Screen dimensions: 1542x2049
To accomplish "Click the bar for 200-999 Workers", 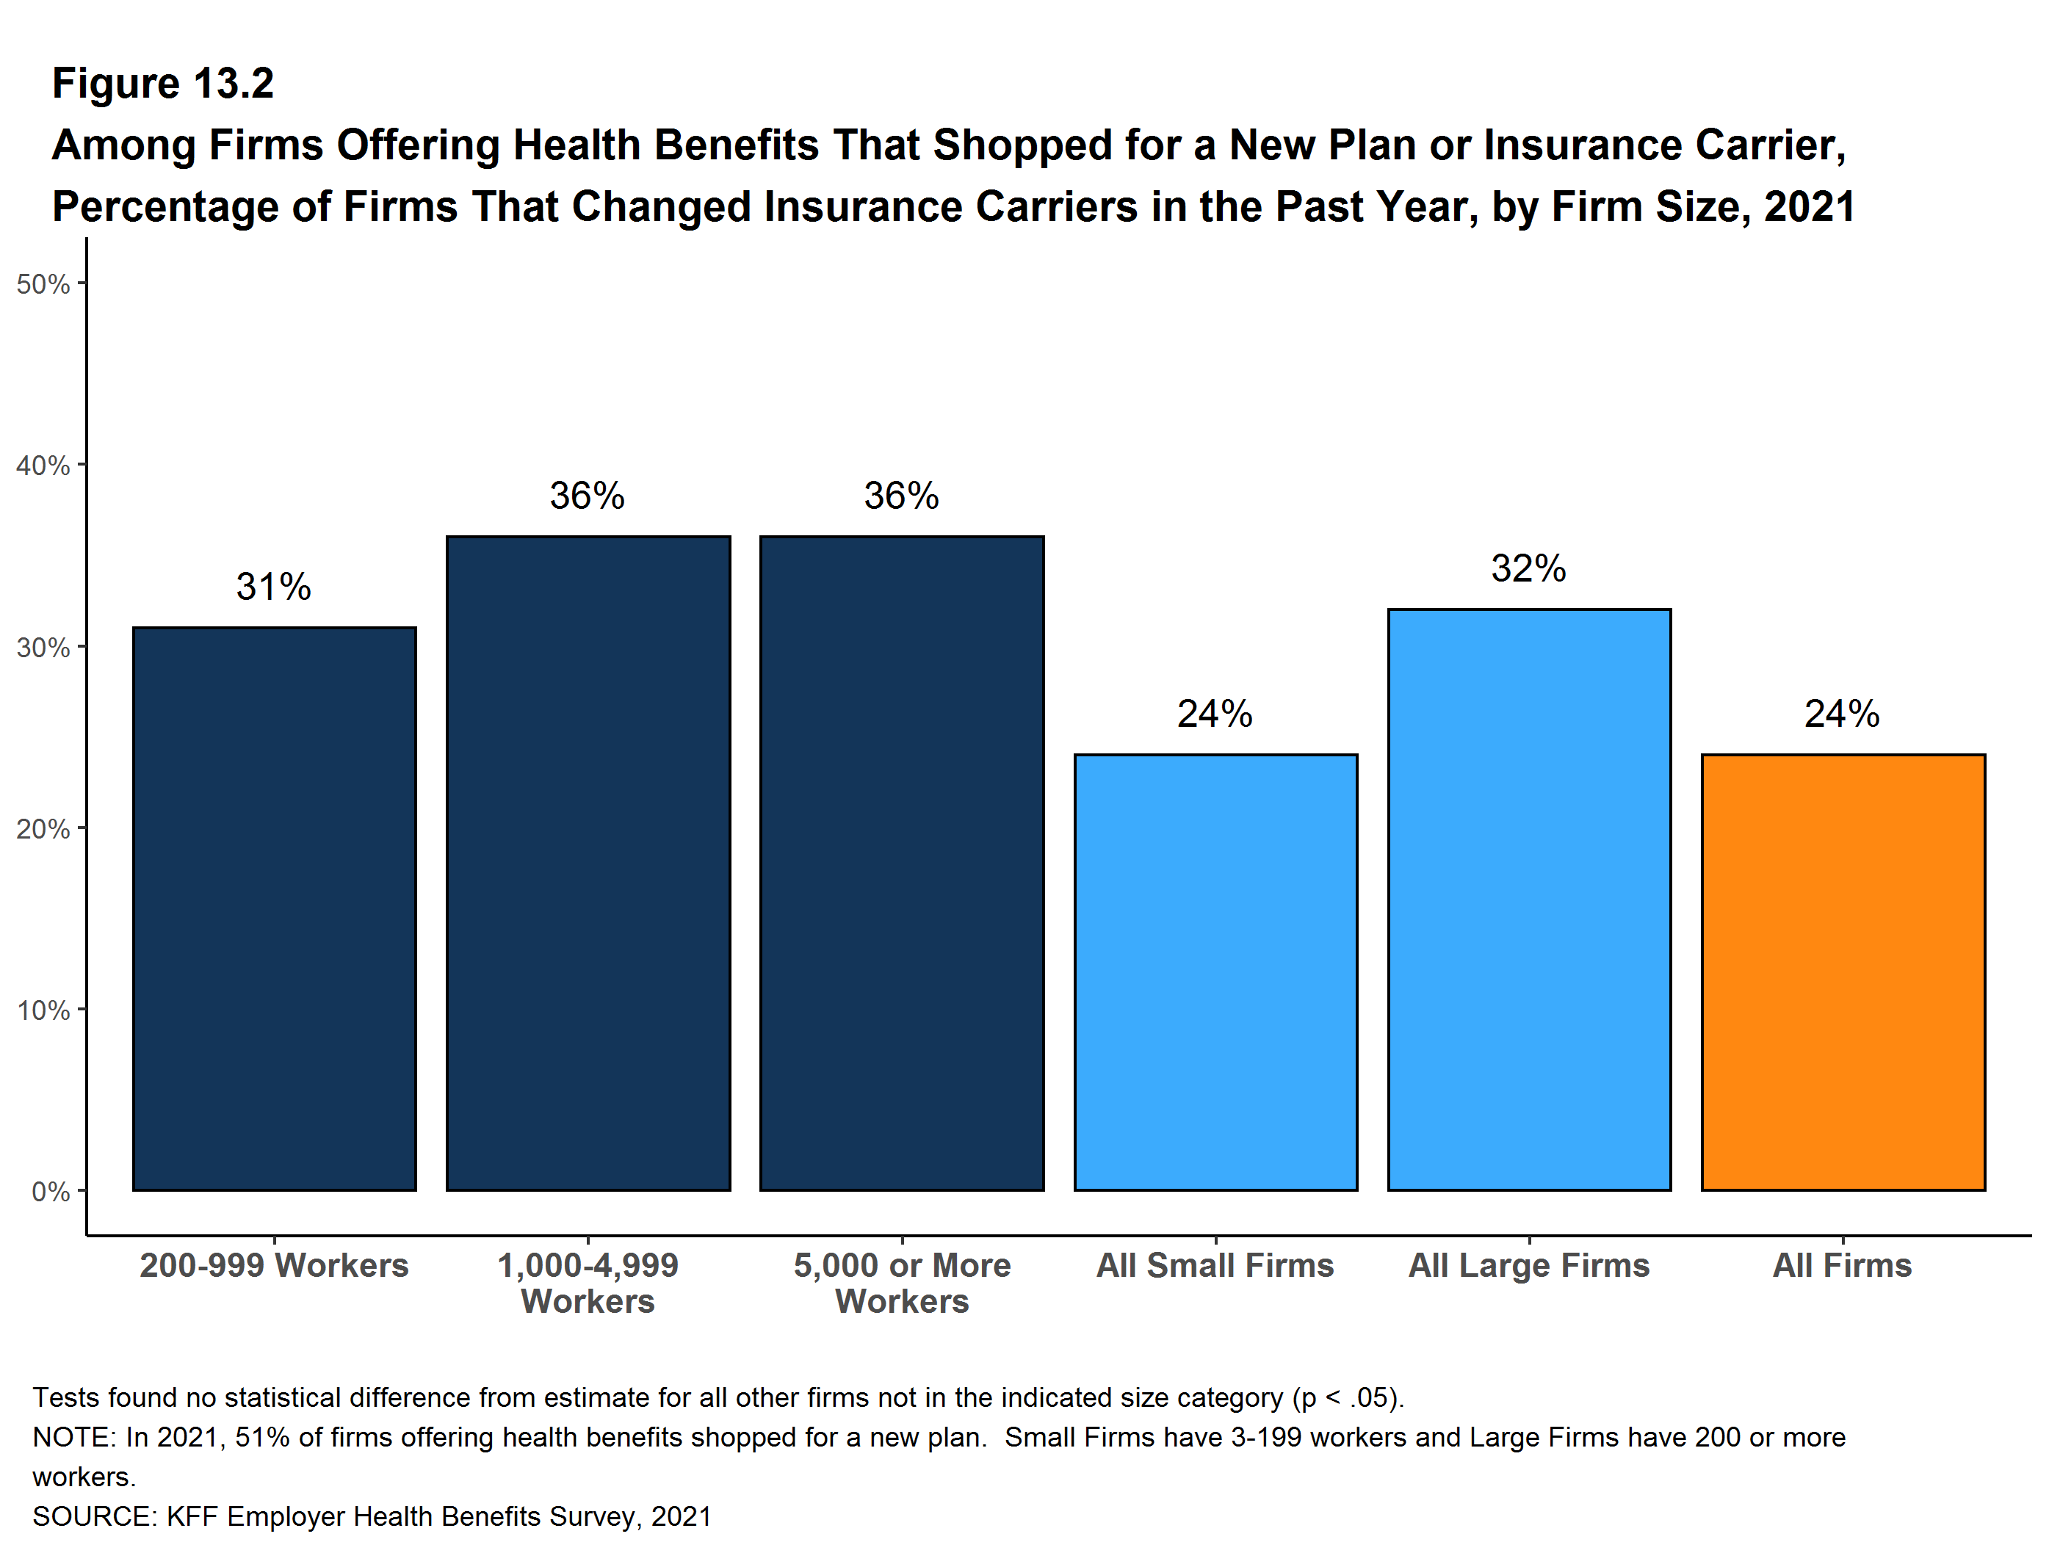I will [274, 908].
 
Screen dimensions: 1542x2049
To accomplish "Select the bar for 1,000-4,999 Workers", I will [588, 862].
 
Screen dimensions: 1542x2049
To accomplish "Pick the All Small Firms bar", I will [1215, 971].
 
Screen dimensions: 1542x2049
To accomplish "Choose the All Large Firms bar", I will [1528, 898].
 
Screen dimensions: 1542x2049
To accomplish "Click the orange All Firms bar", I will [1843, 971].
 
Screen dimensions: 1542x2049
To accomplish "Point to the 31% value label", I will [273, 586].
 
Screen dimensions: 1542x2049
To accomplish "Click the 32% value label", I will [1528, 568].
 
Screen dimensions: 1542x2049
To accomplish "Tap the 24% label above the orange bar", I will [1841, 714].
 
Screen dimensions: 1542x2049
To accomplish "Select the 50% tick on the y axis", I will [43, 284].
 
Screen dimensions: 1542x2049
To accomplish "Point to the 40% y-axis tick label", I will [43, 465].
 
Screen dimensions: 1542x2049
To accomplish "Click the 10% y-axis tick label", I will [43, 1010].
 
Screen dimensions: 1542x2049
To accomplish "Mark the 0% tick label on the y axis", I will [50, 1191].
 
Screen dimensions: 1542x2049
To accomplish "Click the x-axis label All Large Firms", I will [1528, 1265].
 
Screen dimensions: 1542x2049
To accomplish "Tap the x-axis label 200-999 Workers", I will [274, 1265].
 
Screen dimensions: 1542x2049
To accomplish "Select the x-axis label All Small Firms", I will [1215, 1265].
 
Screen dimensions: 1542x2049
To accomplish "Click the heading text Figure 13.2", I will [163, 84].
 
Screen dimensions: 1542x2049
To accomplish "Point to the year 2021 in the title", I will [1809, 206].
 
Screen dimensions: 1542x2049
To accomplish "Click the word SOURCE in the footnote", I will [91, 1516].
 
